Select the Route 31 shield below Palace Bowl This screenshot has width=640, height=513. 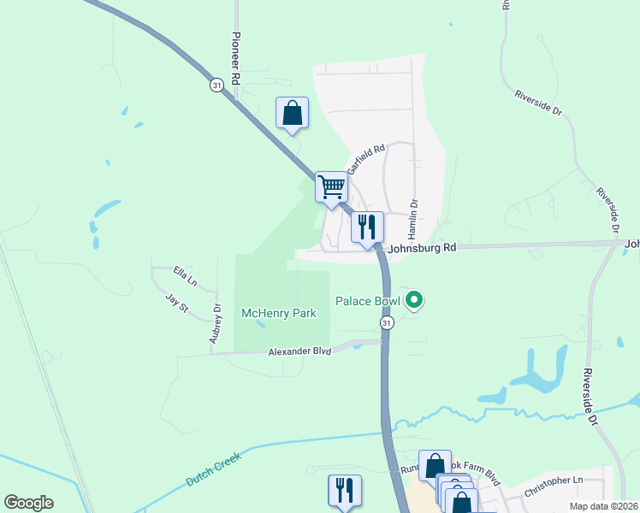pyautogui.click(x=387, y=322)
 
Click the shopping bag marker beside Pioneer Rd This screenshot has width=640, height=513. pyautogui.click(x=292, y=114)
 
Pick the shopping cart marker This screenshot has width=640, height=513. pyautogui.click(x=331, y=186)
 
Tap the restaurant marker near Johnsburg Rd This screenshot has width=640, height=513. pyautogui.click(x=367, y=227)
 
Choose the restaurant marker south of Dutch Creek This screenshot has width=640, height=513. pyautogui.click(x=345, y=490)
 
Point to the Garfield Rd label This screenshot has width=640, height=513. pyautogui.click(x=365, y=157)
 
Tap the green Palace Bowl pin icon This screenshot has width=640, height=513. pyautogui.click(x=415, y=299)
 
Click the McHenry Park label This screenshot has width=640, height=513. pyautogui.click(x=279, y=314)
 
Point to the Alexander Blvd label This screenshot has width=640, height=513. pyautogui.click(x=299, y=351)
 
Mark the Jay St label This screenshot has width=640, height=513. pyautogui.click(x=178, y=304)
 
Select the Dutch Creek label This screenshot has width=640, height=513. pyautogui.click(x=214, y=469)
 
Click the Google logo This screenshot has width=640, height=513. pyautogui.click(x=29, y=503)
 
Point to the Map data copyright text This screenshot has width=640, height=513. pyautogui.click(x=603, y=505)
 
